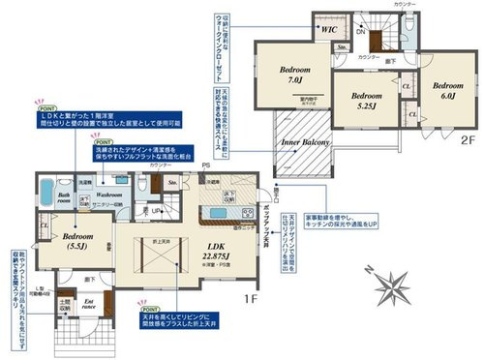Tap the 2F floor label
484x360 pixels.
pyautogui.click(x=468, y=139)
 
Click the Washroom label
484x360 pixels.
pyautogui.click(x=107, y=193)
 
